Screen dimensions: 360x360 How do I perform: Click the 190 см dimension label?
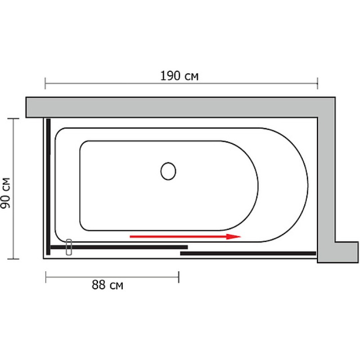point(179,76)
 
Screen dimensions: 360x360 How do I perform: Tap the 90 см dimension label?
point(5,193)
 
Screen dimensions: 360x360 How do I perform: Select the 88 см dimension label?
point(108,285)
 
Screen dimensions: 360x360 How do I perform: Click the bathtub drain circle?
point(168,171)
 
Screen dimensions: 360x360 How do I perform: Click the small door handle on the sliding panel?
point(69,247)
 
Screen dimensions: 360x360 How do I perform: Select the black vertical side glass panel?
point(48,187)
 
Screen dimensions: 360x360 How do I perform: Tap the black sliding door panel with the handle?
point(119,247)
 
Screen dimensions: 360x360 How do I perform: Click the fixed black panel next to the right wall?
point(248,253)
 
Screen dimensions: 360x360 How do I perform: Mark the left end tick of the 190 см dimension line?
point(45,83)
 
